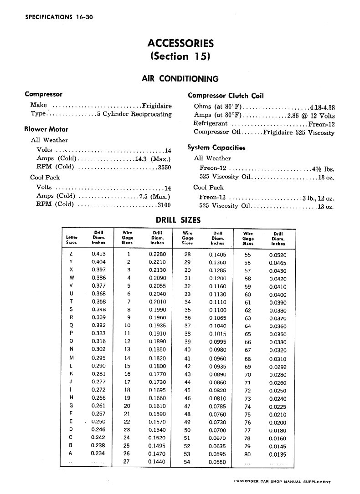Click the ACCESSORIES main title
[x=180, y=43]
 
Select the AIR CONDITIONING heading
[x=180, y=79]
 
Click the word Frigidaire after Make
[x=157, y=106]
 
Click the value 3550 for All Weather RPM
[x=164, y=168]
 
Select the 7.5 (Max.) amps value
[x=155, y=196]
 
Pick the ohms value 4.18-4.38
[x=322, y=107]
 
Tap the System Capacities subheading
[x=216, y=148]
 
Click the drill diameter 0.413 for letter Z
[x=98, y=254]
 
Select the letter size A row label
[x=71, y=453]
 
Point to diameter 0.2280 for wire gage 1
[x=157, y=254]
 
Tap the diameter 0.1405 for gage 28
[x=217, y=255]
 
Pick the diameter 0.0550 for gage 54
[x=217, y=462]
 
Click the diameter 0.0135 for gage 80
[x=278, y=453]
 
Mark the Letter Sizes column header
[x=72, y=240]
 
